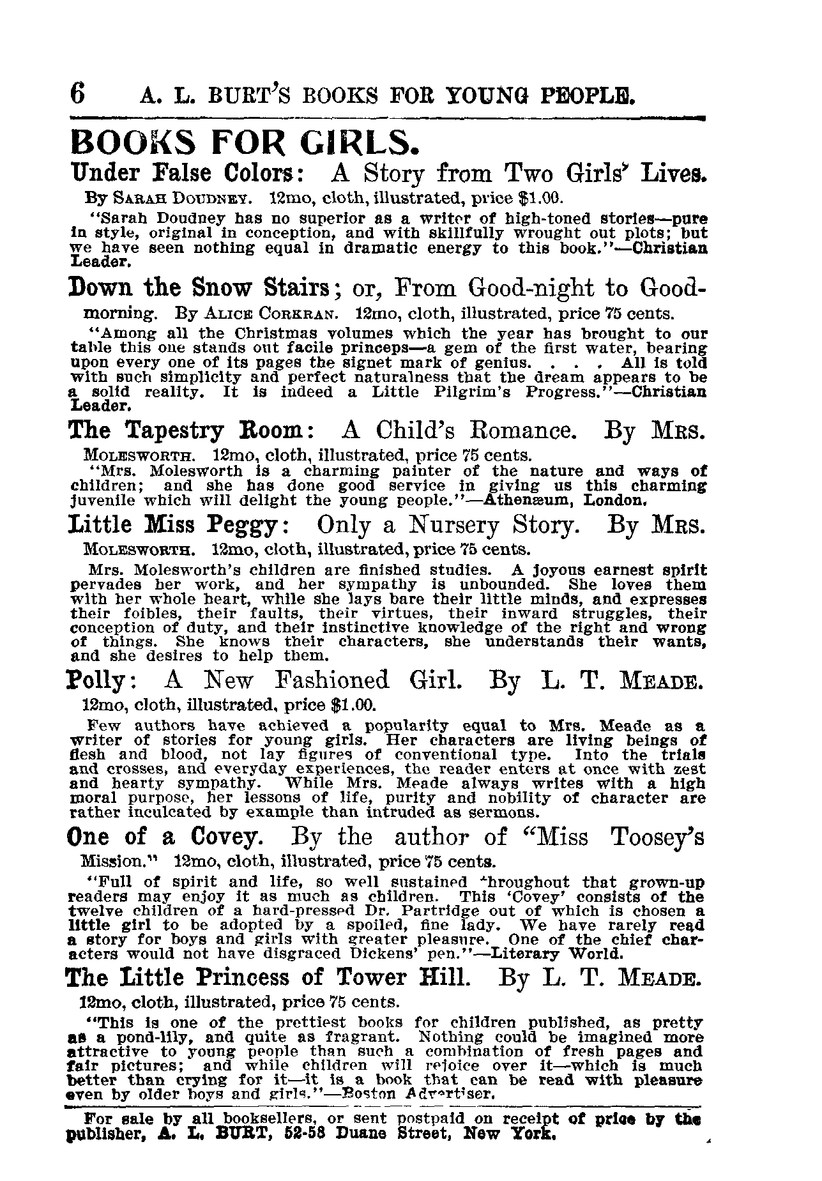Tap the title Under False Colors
tap(181, 174)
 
